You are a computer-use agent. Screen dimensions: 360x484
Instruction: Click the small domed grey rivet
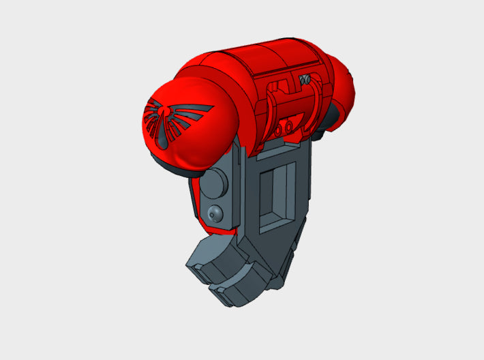[x=215, y=213]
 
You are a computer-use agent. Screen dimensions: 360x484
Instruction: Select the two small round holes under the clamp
[x=286, y=125]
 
